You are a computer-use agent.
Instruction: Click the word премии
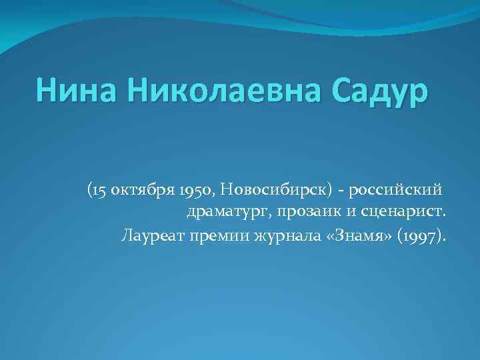click(208, 236)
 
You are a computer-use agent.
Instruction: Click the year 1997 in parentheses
click(423, 236)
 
